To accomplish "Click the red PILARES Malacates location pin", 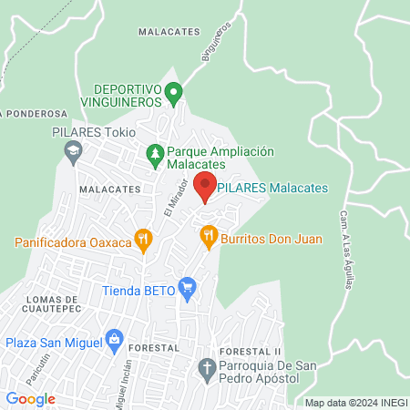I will (206, 185).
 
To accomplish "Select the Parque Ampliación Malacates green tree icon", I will (155, 152).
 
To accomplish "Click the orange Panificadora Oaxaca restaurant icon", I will (142, 240).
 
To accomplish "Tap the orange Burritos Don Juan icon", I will (209, 236).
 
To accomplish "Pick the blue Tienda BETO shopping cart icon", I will (188, 289).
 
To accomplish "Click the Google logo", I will (31, 398).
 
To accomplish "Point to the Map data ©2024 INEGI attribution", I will (355, 402).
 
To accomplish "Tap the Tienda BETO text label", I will (138, 293).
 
